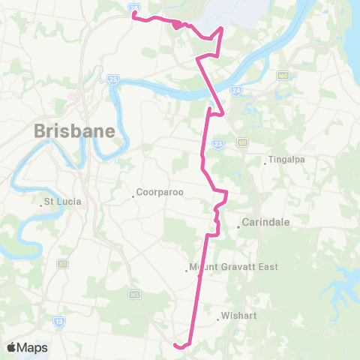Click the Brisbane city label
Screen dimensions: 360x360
[x=74, y=131]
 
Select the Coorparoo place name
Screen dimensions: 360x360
[x=160, y=192]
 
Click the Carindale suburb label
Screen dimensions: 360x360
[x=266, y=223]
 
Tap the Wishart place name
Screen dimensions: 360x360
[x=240, y=316]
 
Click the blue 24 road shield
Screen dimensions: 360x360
[x=236, y=89]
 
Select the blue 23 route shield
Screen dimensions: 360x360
[x=218, y=144]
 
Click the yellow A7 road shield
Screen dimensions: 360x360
[x=62, y=264]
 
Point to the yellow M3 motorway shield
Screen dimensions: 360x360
[x=136, y=294]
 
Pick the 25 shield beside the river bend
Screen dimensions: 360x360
[x=112, y=77]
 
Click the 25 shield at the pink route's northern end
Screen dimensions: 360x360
[x=133, y=9]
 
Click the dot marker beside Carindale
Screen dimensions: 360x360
[x=238, y=224]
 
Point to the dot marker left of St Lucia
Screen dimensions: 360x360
[x=42, y=203]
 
